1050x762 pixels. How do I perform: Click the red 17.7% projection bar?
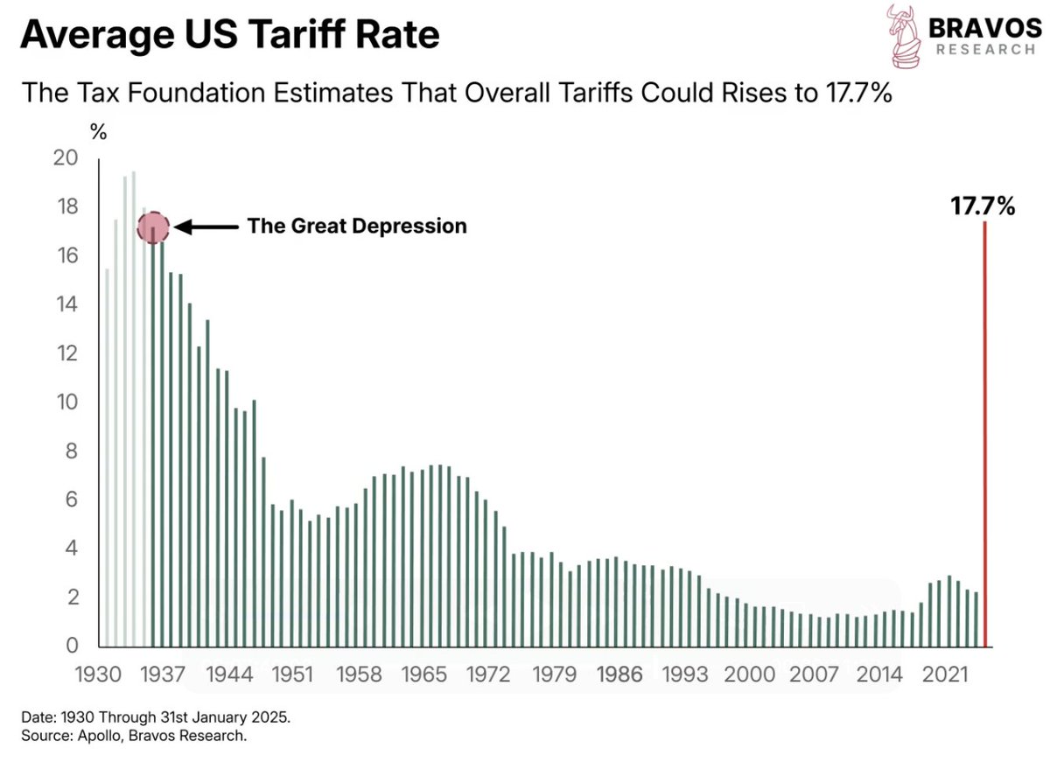point(986,437)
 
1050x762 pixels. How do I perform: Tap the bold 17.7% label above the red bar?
point(983,206)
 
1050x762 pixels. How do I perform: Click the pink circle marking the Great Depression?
point(153,227)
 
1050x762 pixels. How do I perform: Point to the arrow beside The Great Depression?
point(207,227)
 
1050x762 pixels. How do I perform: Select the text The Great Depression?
point(357,226)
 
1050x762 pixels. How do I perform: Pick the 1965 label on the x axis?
point(425,675)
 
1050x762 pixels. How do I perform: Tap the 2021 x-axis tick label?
point(945,675)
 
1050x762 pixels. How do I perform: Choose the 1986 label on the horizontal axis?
point(620,675)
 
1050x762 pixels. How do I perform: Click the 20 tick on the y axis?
point(66,158)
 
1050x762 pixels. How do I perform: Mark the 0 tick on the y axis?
point(73,647)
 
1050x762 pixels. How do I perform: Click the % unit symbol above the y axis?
point(99,134)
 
